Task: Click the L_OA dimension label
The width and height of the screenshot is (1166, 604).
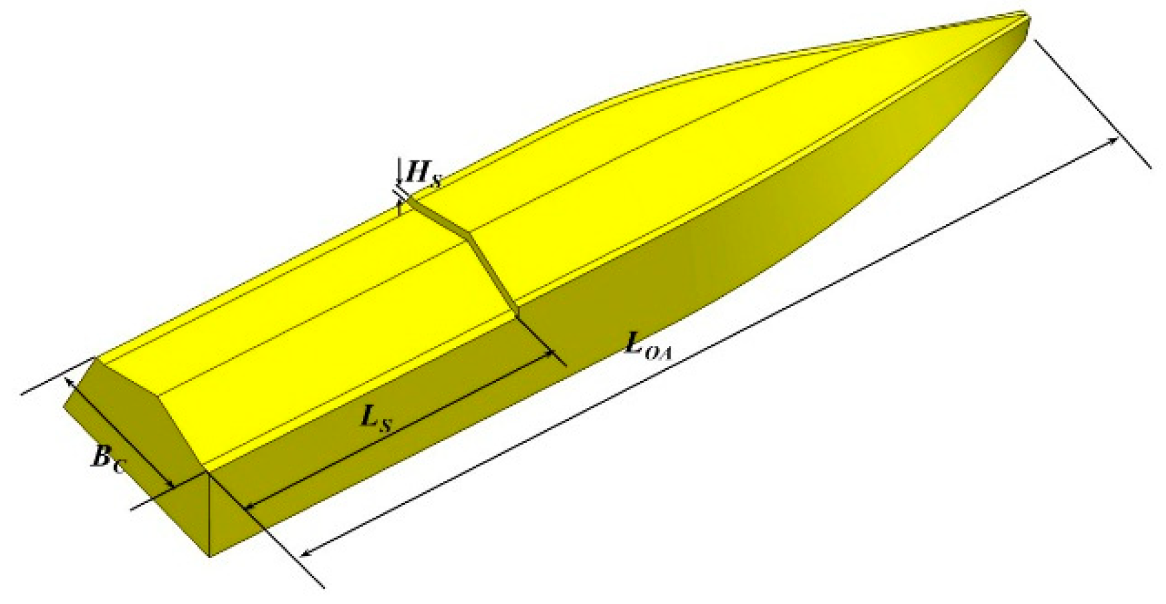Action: coord(647,347)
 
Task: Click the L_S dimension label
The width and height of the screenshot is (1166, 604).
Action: coord(376,418)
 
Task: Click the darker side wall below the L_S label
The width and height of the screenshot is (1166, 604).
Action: coord(401,468)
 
